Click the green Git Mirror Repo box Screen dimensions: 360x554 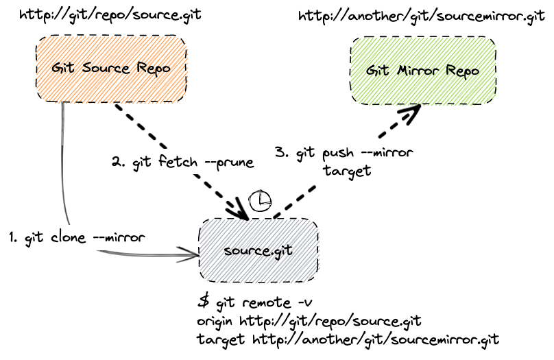click(x=423, y=71)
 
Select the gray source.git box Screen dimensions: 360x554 click(x=258, y=250)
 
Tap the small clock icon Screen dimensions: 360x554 click(x=260, y=200)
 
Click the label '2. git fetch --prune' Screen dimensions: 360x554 click(x=182, y=163)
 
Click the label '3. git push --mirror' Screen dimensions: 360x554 click(x=343, y=152)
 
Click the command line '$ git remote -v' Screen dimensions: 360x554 click(x=255, y=302)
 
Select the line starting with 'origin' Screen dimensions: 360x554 click(x=308, y=320)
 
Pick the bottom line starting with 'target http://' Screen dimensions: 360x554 click(x=348, y=339)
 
